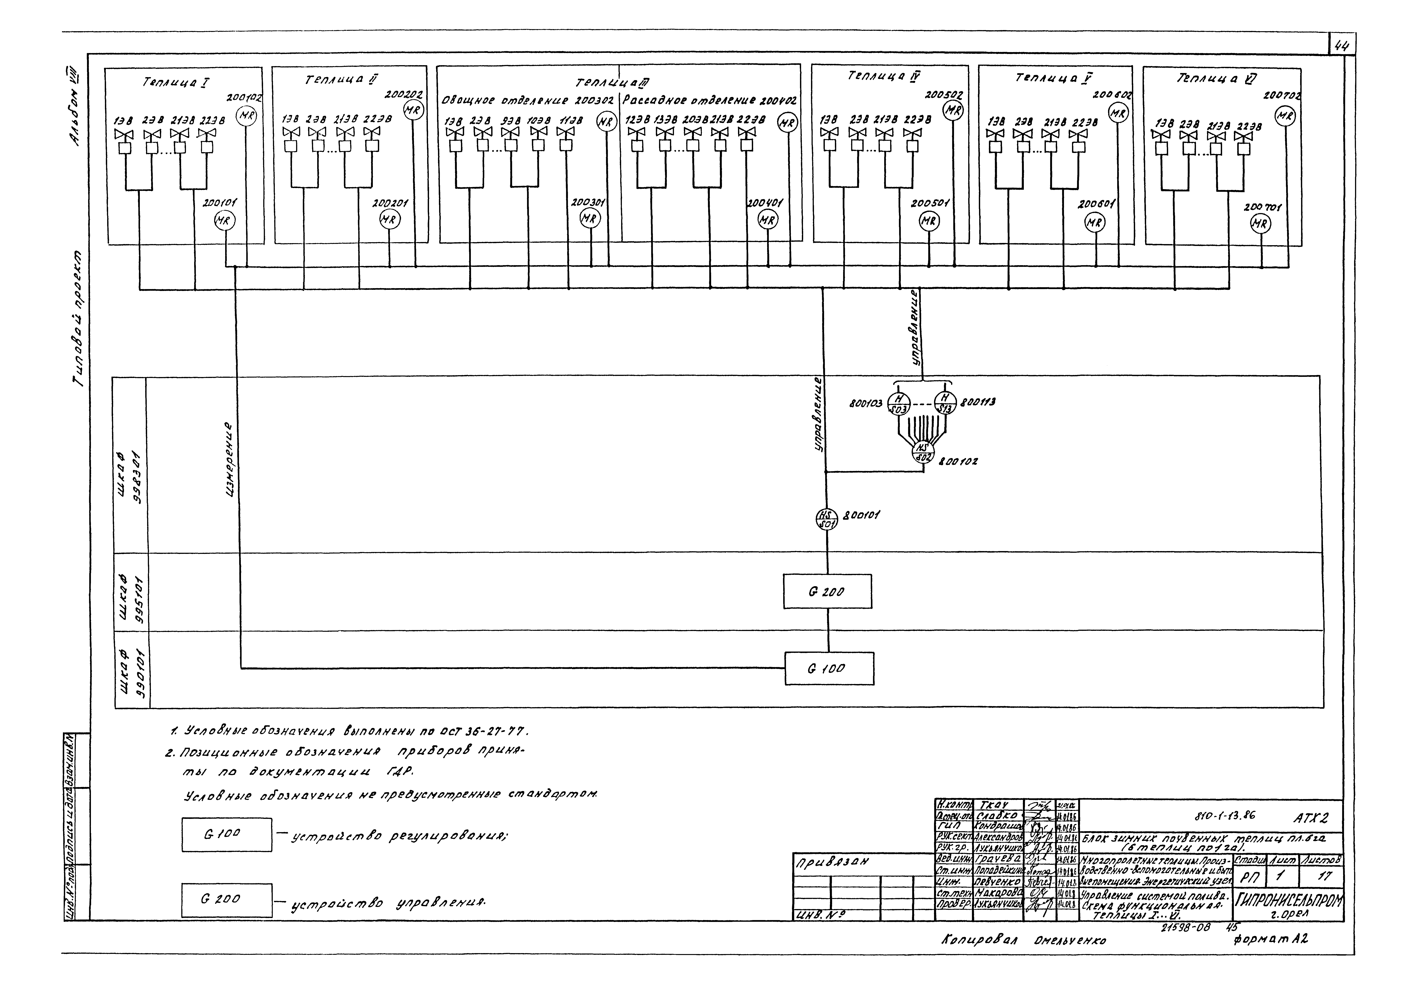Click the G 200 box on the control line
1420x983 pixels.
point(827,591)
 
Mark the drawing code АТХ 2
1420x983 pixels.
point(1310,818)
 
